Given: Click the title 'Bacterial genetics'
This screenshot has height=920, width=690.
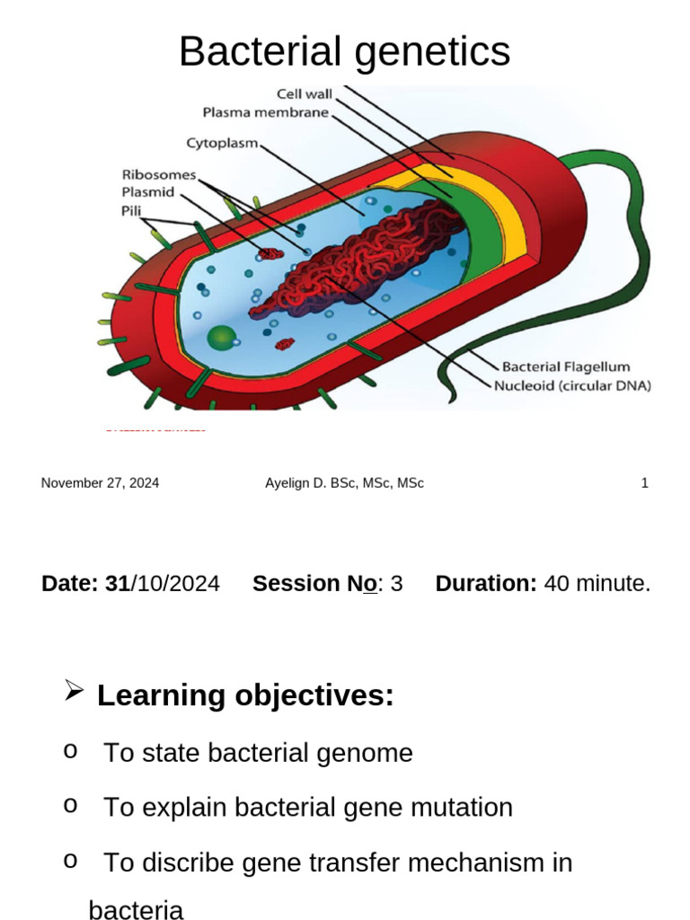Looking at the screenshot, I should (x=344, y=51).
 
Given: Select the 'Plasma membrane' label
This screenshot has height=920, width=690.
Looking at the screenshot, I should (x=266, y=113).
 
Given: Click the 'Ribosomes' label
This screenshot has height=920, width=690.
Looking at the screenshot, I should (x=158, y=175).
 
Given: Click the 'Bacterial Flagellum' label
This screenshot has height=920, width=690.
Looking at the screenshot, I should (x=565, y=367).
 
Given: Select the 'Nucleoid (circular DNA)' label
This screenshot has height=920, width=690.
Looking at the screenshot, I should (x=572, y=385).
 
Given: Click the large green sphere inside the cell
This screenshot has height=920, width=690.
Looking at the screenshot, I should (x=221, y=339).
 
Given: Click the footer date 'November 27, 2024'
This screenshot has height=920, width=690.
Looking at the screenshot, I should (x=100, y=483).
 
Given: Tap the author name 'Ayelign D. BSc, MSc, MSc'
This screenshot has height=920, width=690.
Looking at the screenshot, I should (x=344, y=483).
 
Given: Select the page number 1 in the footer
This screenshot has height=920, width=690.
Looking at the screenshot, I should (x=644, y=483).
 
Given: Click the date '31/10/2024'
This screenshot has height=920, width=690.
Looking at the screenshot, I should (x=163, y=584).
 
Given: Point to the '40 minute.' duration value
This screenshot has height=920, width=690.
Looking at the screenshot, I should (x=597, y=584).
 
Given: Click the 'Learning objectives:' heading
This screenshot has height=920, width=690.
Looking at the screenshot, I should (x=245, y=695).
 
